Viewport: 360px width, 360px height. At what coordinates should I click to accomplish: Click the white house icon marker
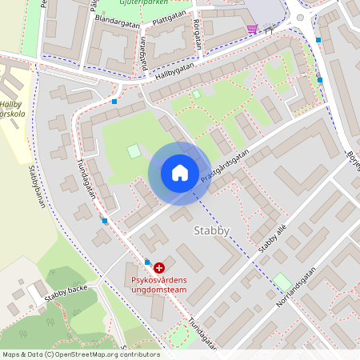click(179, 173)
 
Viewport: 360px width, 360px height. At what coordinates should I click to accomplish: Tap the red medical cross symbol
click(159, 266)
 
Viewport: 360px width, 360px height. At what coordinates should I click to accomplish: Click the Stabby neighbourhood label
click(212, 231)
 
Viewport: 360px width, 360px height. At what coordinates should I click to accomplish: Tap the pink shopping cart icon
click(253, 29)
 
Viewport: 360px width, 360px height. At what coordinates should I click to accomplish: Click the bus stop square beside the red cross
click(147, 262)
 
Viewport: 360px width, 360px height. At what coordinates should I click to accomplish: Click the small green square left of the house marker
click(133, 150)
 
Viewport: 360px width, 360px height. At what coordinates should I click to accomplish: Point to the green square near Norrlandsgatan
click(282, 282)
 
